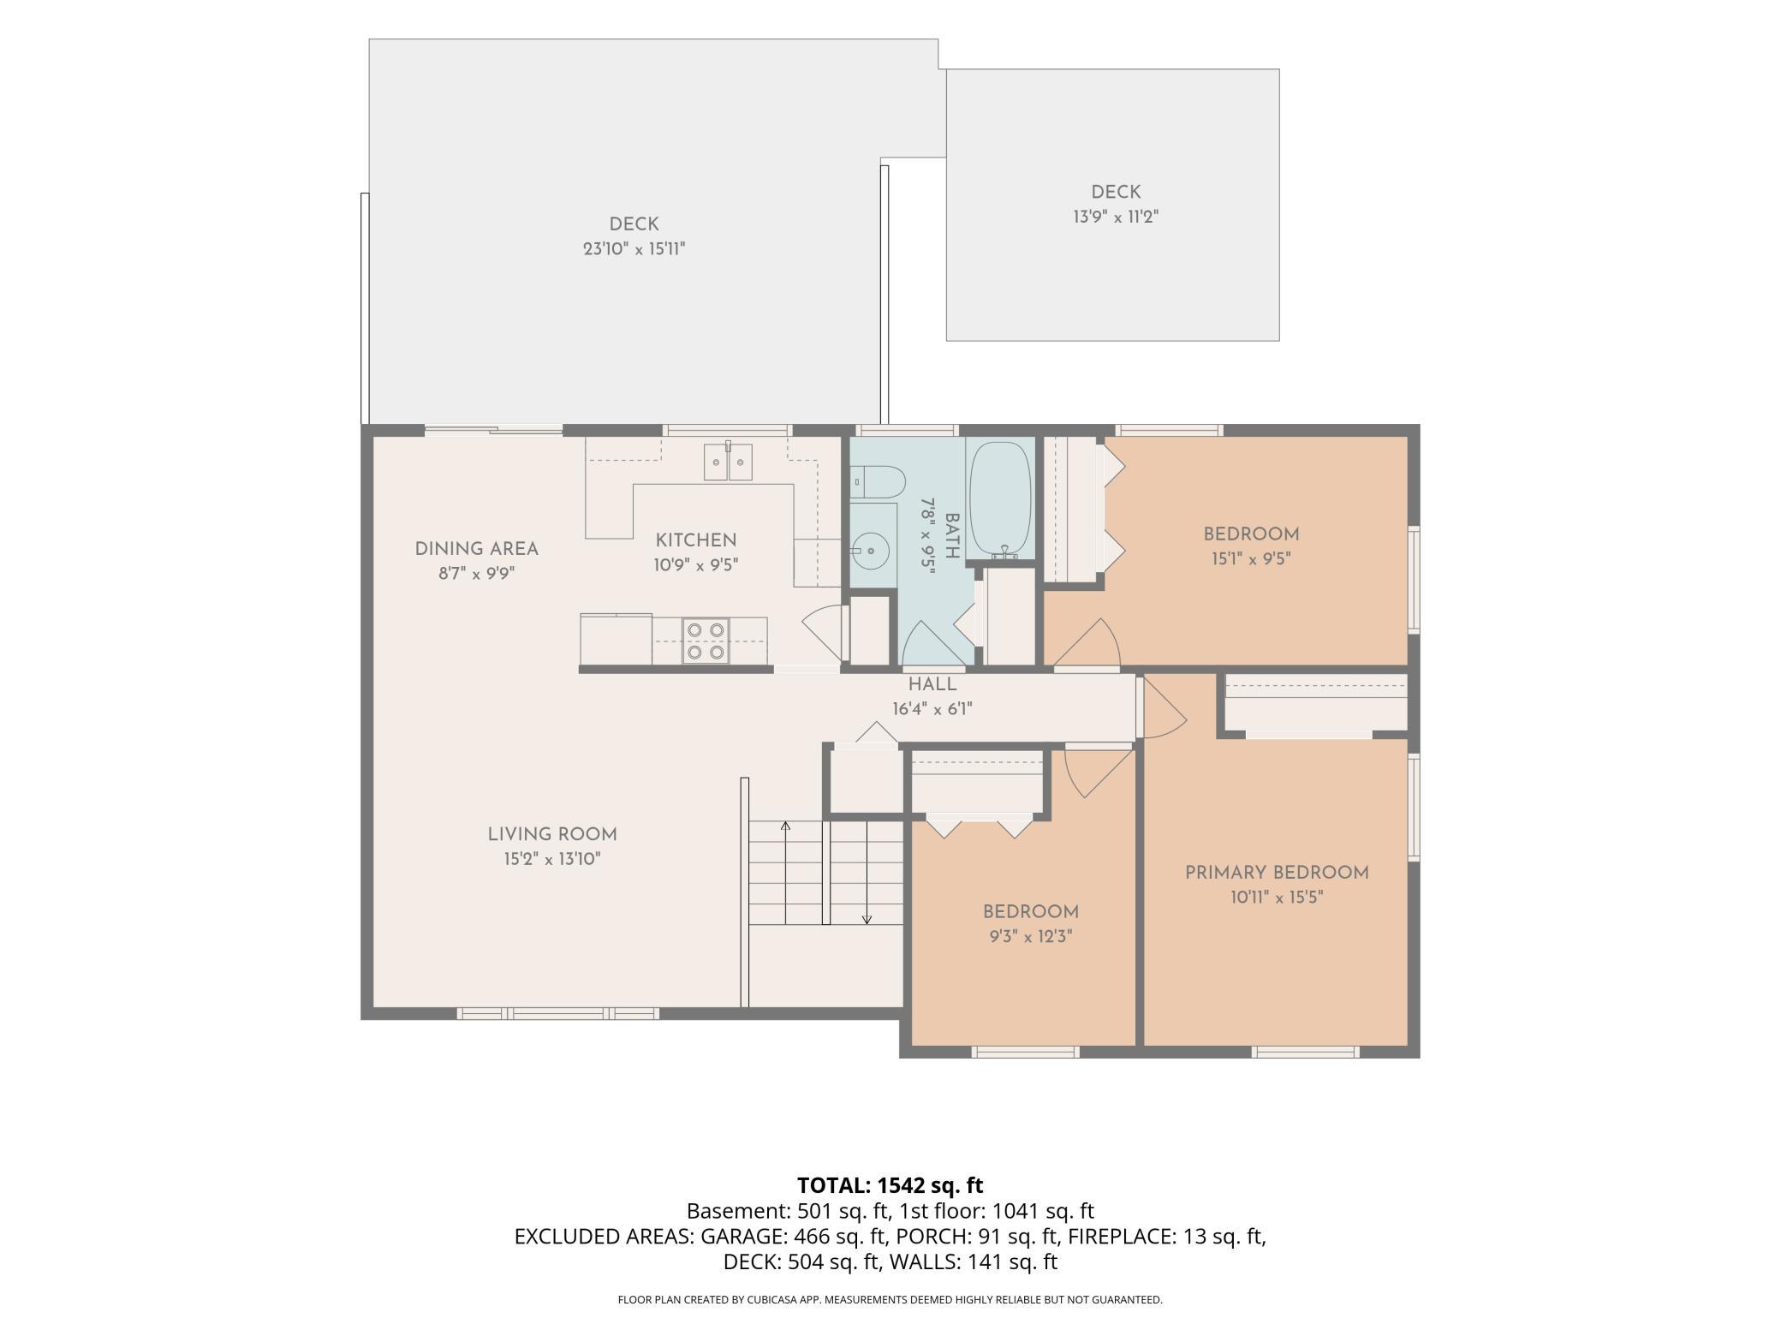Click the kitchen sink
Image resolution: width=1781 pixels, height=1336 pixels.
point(728,462)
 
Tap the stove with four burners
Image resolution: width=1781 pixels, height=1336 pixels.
point(706,641)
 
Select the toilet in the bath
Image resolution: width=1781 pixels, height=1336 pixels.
point(878,482)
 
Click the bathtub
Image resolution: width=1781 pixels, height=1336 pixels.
point(999,499)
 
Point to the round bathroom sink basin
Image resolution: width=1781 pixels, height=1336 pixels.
point(870,546)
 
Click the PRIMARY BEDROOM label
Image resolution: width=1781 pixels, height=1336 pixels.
point(1277,873)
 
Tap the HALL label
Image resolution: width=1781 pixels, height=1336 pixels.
point(932,684)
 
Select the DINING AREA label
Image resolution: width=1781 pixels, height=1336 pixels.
point(477,549)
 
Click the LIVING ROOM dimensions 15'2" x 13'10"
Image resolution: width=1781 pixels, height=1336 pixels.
point(552,859)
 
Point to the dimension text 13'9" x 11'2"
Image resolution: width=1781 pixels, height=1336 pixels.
point(1116,217)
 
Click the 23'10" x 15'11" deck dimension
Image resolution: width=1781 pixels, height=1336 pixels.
point(634,249)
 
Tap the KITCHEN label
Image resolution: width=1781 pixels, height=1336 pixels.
point(696,540)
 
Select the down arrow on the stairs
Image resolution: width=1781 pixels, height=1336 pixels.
point(867,872)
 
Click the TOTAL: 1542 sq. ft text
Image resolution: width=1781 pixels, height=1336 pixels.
point(890,1185)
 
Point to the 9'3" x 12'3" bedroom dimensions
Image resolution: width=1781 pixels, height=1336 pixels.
point(1031,937)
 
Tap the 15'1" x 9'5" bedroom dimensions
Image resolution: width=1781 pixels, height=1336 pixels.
point(1251,559)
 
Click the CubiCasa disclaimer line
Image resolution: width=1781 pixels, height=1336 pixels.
point(890,1300)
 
